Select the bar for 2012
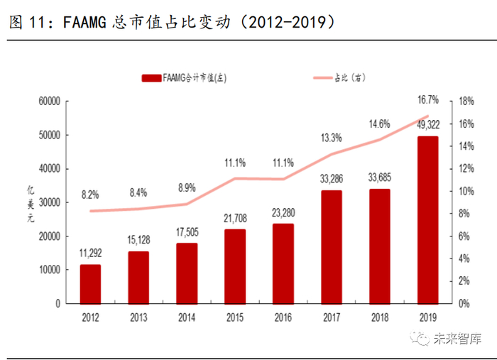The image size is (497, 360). click(x=90, y=283)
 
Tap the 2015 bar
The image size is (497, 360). click(x=235, y=266)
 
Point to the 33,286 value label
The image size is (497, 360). click(x=332, y=178)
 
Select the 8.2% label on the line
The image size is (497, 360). click(x=90, y=194)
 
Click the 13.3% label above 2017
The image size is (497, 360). click(x=332, y=137)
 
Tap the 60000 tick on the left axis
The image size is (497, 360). click(x=47, y=102)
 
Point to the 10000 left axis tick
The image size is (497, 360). click(x=47, y=270)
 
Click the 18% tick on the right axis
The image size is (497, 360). click(x=465, y=102)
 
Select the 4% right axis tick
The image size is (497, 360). click(x=463, y=258)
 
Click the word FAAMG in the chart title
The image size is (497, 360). click(x=86, y=23)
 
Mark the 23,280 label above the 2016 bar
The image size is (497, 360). click(x=283, y=212)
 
